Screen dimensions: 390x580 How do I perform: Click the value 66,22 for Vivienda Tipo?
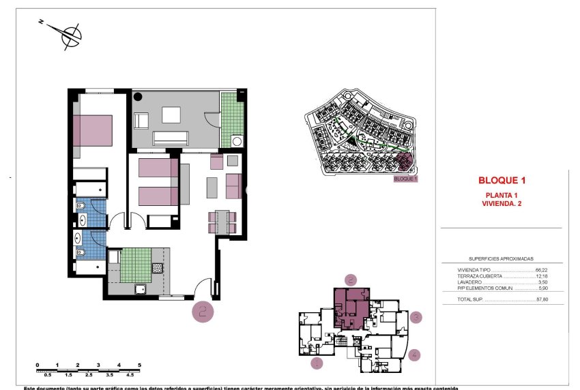[x=543, y=270]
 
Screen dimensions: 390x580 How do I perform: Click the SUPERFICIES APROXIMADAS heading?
[x=501, y=259]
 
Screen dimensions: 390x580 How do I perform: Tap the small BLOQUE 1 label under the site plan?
[x=405, y=179]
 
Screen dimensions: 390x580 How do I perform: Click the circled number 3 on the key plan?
[x=417, y=318]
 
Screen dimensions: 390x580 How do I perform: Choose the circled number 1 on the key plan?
[x=316, y=363]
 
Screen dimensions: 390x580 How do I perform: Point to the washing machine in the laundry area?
[x=237, y=141]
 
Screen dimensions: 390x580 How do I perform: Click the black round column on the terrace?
[x=137, y=96]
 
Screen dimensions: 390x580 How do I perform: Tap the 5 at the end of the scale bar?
[x=139, y=365]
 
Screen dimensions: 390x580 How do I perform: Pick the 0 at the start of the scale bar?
[x=38, y=365]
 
